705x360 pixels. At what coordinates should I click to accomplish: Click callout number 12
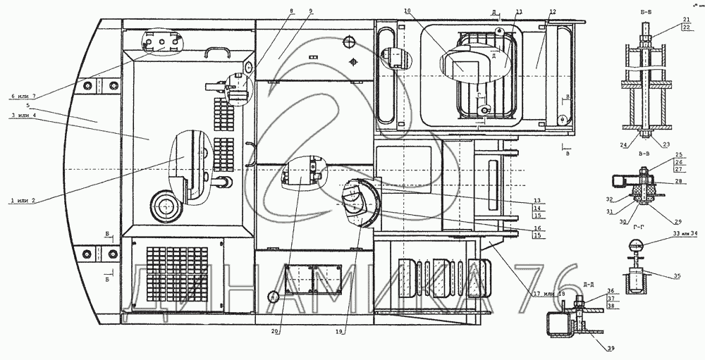click(x=553, y=12)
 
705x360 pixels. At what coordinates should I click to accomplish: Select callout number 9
click(x=311, y=12)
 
